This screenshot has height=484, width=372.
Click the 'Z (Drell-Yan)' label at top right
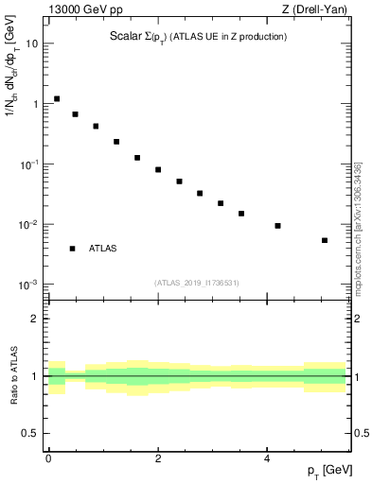pyautogui.click(x=315, y=10)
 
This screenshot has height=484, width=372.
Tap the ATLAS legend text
pyautogui.click(x=103, y=249)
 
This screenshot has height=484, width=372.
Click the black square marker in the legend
pyautogui.click(x=72, y=249)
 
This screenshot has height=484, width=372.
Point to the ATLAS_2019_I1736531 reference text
pyautogui.click(x=197, y=283)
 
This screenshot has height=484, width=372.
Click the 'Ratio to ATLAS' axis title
pyautogui.click(x=13, y=376)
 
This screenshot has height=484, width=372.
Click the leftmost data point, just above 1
pyautogui.click(x=57, y=98)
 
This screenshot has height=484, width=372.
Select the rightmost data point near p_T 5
pyautogui.click(x=325, y=240)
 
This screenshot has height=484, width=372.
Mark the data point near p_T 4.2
pyautogui.click(x=277, y=226)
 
